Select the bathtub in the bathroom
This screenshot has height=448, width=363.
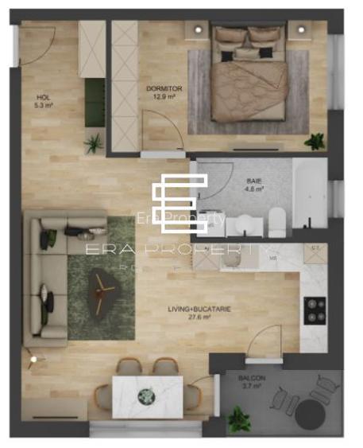309,195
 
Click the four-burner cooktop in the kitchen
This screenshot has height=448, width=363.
315,310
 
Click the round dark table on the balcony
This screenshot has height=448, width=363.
309,413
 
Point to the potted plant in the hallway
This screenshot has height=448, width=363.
95,143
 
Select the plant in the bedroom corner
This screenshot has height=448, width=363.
315,142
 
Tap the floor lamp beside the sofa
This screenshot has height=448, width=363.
33,360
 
